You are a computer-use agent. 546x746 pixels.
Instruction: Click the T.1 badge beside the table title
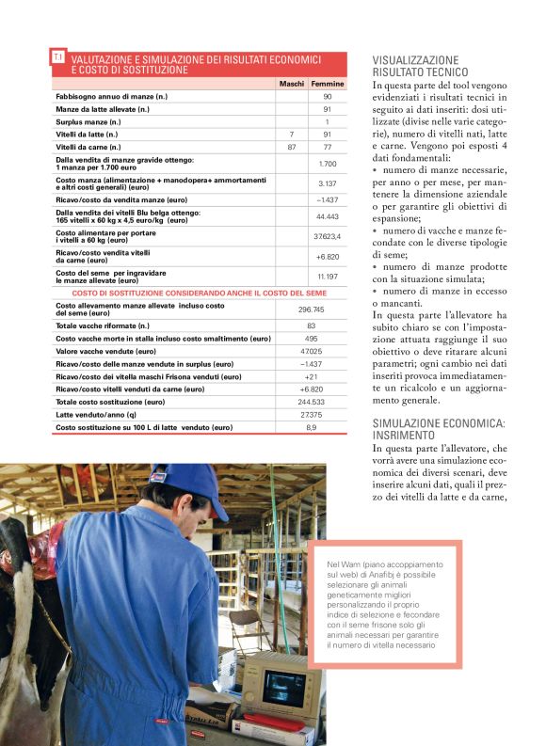point(59,58)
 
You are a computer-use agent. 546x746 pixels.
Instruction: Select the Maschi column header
point(292,84)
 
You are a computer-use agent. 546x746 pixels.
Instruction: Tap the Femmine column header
point(328,84)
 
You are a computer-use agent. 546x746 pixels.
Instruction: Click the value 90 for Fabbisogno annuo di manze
point(328,97)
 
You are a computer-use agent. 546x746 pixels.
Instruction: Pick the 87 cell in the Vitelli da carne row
point(292,147)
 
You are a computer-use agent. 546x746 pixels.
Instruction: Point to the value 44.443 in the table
point(328,215)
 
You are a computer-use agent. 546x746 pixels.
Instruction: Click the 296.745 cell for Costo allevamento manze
point(312,309)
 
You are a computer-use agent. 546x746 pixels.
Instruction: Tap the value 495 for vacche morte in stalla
point(312,339)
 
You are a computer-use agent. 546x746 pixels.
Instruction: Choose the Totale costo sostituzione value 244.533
point(312,402)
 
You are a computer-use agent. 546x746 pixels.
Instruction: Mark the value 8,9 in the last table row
point(312,427)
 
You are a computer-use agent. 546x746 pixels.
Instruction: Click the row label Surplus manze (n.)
point(88,122)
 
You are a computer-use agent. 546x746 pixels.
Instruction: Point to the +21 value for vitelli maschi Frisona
point(312,376)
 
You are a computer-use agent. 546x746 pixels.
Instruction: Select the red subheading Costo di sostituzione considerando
point(200,293)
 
